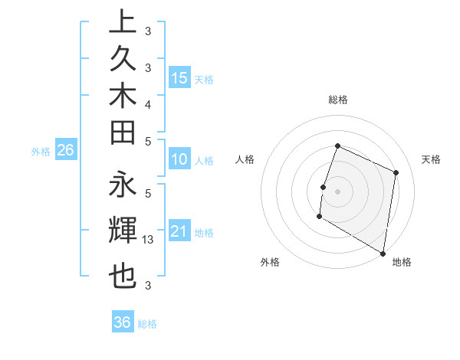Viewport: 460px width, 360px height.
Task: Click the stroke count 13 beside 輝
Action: pos(149,240)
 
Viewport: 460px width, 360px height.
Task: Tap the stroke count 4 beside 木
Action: pos(148,103)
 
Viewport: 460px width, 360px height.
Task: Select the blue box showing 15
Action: pos(179,77)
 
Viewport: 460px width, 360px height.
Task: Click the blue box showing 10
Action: pos(179,160)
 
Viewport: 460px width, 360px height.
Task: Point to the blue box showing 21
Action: pos(179,231)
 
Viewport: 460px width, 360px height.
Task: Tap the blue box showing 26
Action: pos(65,151)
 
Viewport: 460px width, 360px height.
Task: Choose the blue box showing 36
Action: pos(122,322)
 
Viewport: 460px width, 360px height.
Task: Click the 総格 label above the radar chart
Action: pos(337,100)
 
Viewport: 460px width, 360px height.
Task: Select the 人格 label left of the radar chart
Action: pos(245,159)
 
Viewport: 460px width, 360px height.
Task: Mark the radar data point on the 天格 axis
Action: pos(396,172)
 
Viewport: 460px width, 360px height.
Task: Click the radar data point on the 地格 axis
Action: pos(383,252)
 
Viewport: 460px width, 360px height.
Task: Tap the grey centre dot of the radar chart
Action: pos(337,191)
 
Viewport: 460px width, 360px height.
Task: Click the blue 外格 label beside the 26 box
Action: pos(41,152)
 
